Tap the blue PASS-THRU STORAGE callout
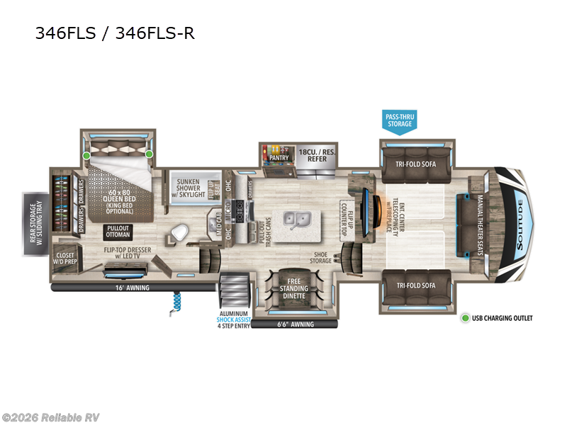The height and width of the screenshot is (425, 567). click(398, 119)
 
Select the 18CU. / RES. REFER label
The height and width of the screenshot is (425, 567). click(316, 156)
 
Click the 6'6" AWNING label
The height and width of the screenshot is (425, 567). click(294, 324)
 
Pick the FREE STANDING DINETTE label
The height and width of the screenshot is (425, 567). click(293, 289)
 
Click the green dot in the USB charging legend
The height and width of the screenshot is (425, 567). click(466, 318)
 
